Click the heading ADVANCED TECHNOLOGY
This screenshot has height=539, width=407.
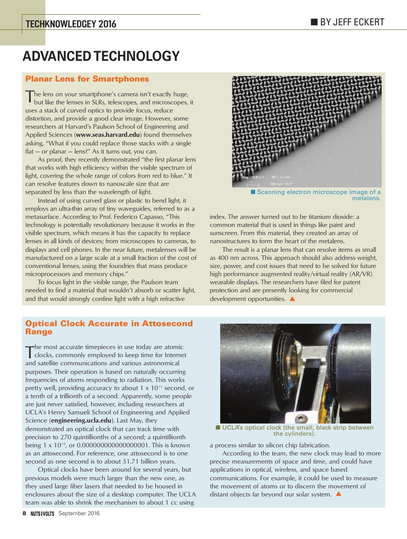coord(101,56)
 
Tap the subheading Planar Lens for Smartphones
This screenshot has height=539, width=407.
coord(87,79)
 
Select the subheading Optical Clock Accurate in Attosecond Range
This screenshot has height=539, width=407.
coord(109,327)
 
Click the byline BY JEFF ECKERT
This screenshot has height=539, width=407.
coord(352,22)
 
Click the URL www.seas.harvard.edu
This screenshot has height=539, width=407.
coord(108,134)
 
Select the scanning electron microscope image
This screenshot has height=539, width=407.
coord(306,132)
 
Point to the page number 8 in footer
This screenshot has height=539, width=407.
coord(24,513)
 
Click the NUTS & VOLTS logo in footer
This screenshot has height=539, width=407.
coord(42,514)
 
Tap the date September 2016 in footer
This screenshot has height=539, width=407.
coord(79,513)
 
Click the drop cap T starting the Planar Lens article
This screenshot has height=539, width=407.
coord(29,96)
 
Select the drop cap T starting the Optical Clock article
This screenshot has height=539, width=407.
coord(29,350)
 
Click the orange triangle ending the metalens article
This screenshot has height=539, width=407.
coord(292,299)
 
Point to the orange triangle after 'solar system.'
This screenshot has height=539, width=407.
coord(338,494)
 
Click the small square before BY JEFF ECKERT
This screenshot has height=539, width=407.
coord(314,22)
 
